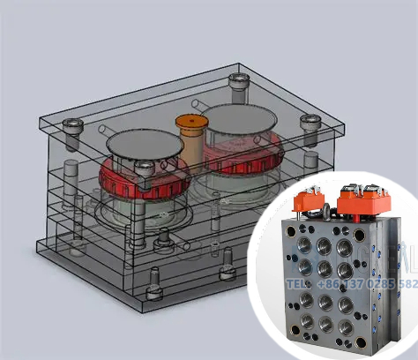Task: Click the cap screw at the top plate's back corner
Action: (236, 81)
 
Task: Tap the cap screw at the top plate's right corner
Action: (307, 121)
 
